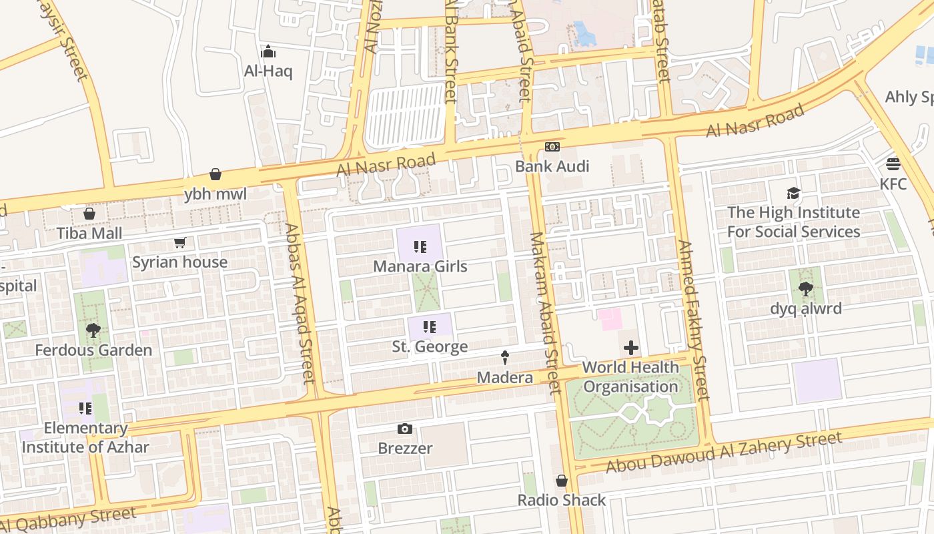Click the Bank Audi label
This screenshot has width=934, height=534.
(x=552, y=166)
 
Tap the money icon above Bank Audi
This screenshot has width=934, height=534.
(x=552, y=147)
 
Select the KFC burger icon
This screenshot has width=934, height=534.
(x=893, y=164)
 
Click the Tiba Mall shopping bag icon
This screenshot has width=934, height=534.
(x=89, y=214)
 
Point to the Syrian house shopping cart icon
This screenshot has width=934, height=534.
(x=179, y=243)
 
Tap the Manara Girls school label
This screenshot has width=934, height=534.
(x=420, y=266)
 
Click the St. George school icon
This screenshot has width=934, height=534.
(x=430, y=327)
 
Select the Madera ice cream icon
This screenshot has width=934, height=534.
(x=504, y=358)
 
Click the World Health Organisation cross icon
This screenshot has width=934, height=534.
(x=630, y=348)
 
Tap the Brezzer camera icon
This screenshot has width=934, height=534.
(x=404, y=429)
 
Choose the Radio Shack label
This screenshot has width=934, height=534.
(x=562, y=500)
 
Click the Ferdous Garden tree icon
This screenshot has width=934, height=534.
(x=93, y=330)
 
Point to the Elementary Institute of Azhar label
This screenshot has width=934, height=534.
(x=85, y=437)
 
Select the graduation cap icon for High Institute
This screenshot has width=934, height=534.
(x=793, y=194)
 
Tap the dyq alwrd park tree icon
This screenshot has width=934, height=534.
(x=805, y=289)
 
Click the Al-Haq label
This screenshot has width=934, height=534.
(x=268, y=71)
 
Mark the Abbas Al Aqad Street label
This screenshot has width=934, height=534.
(x=299, y=304)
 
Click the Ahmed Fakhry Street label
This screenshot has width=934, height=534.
(x=692, y=320)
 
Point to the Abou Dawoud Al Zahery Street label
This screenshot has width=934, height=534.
(x=723, y=453)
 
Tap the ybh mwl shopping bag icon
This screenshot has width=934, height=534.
(x=215, y=175)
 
